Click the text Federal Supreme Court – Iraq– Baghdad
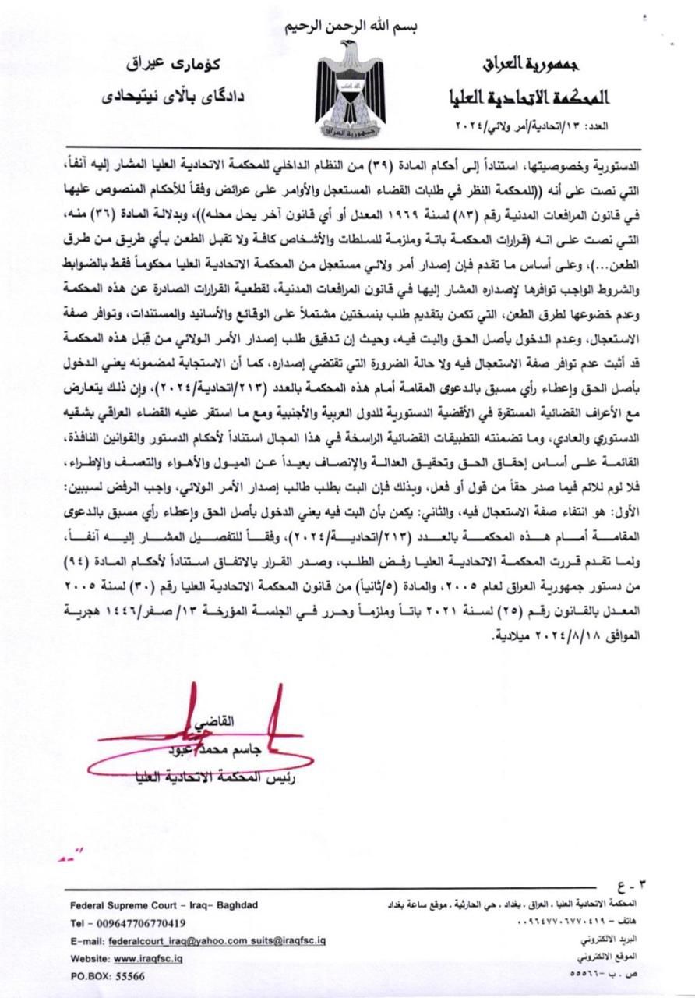[164, 905]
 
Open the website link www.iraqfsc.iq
[149, 957]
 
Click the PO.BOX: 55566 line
[108, 975]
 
